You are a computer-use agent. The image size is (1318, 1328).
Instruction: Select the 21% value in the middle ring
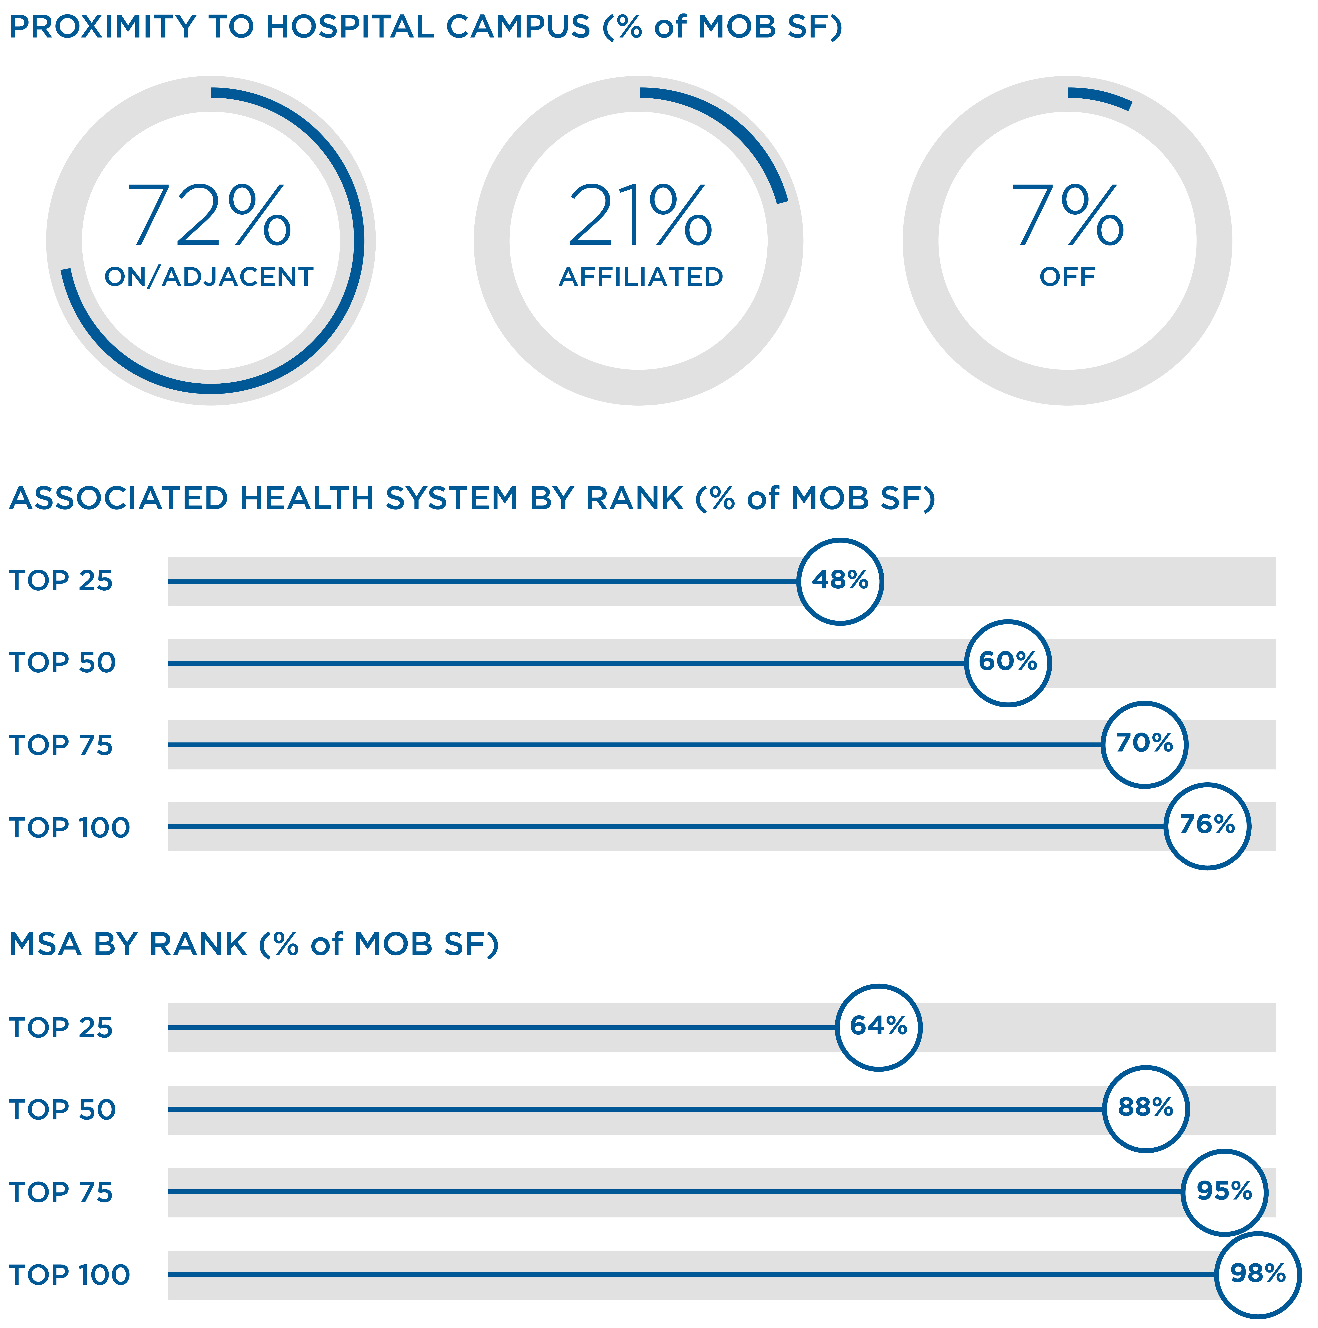tap(639, 215)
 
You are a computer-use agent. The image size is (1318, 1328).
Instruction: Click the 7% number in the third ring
tap(1067, 215)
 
